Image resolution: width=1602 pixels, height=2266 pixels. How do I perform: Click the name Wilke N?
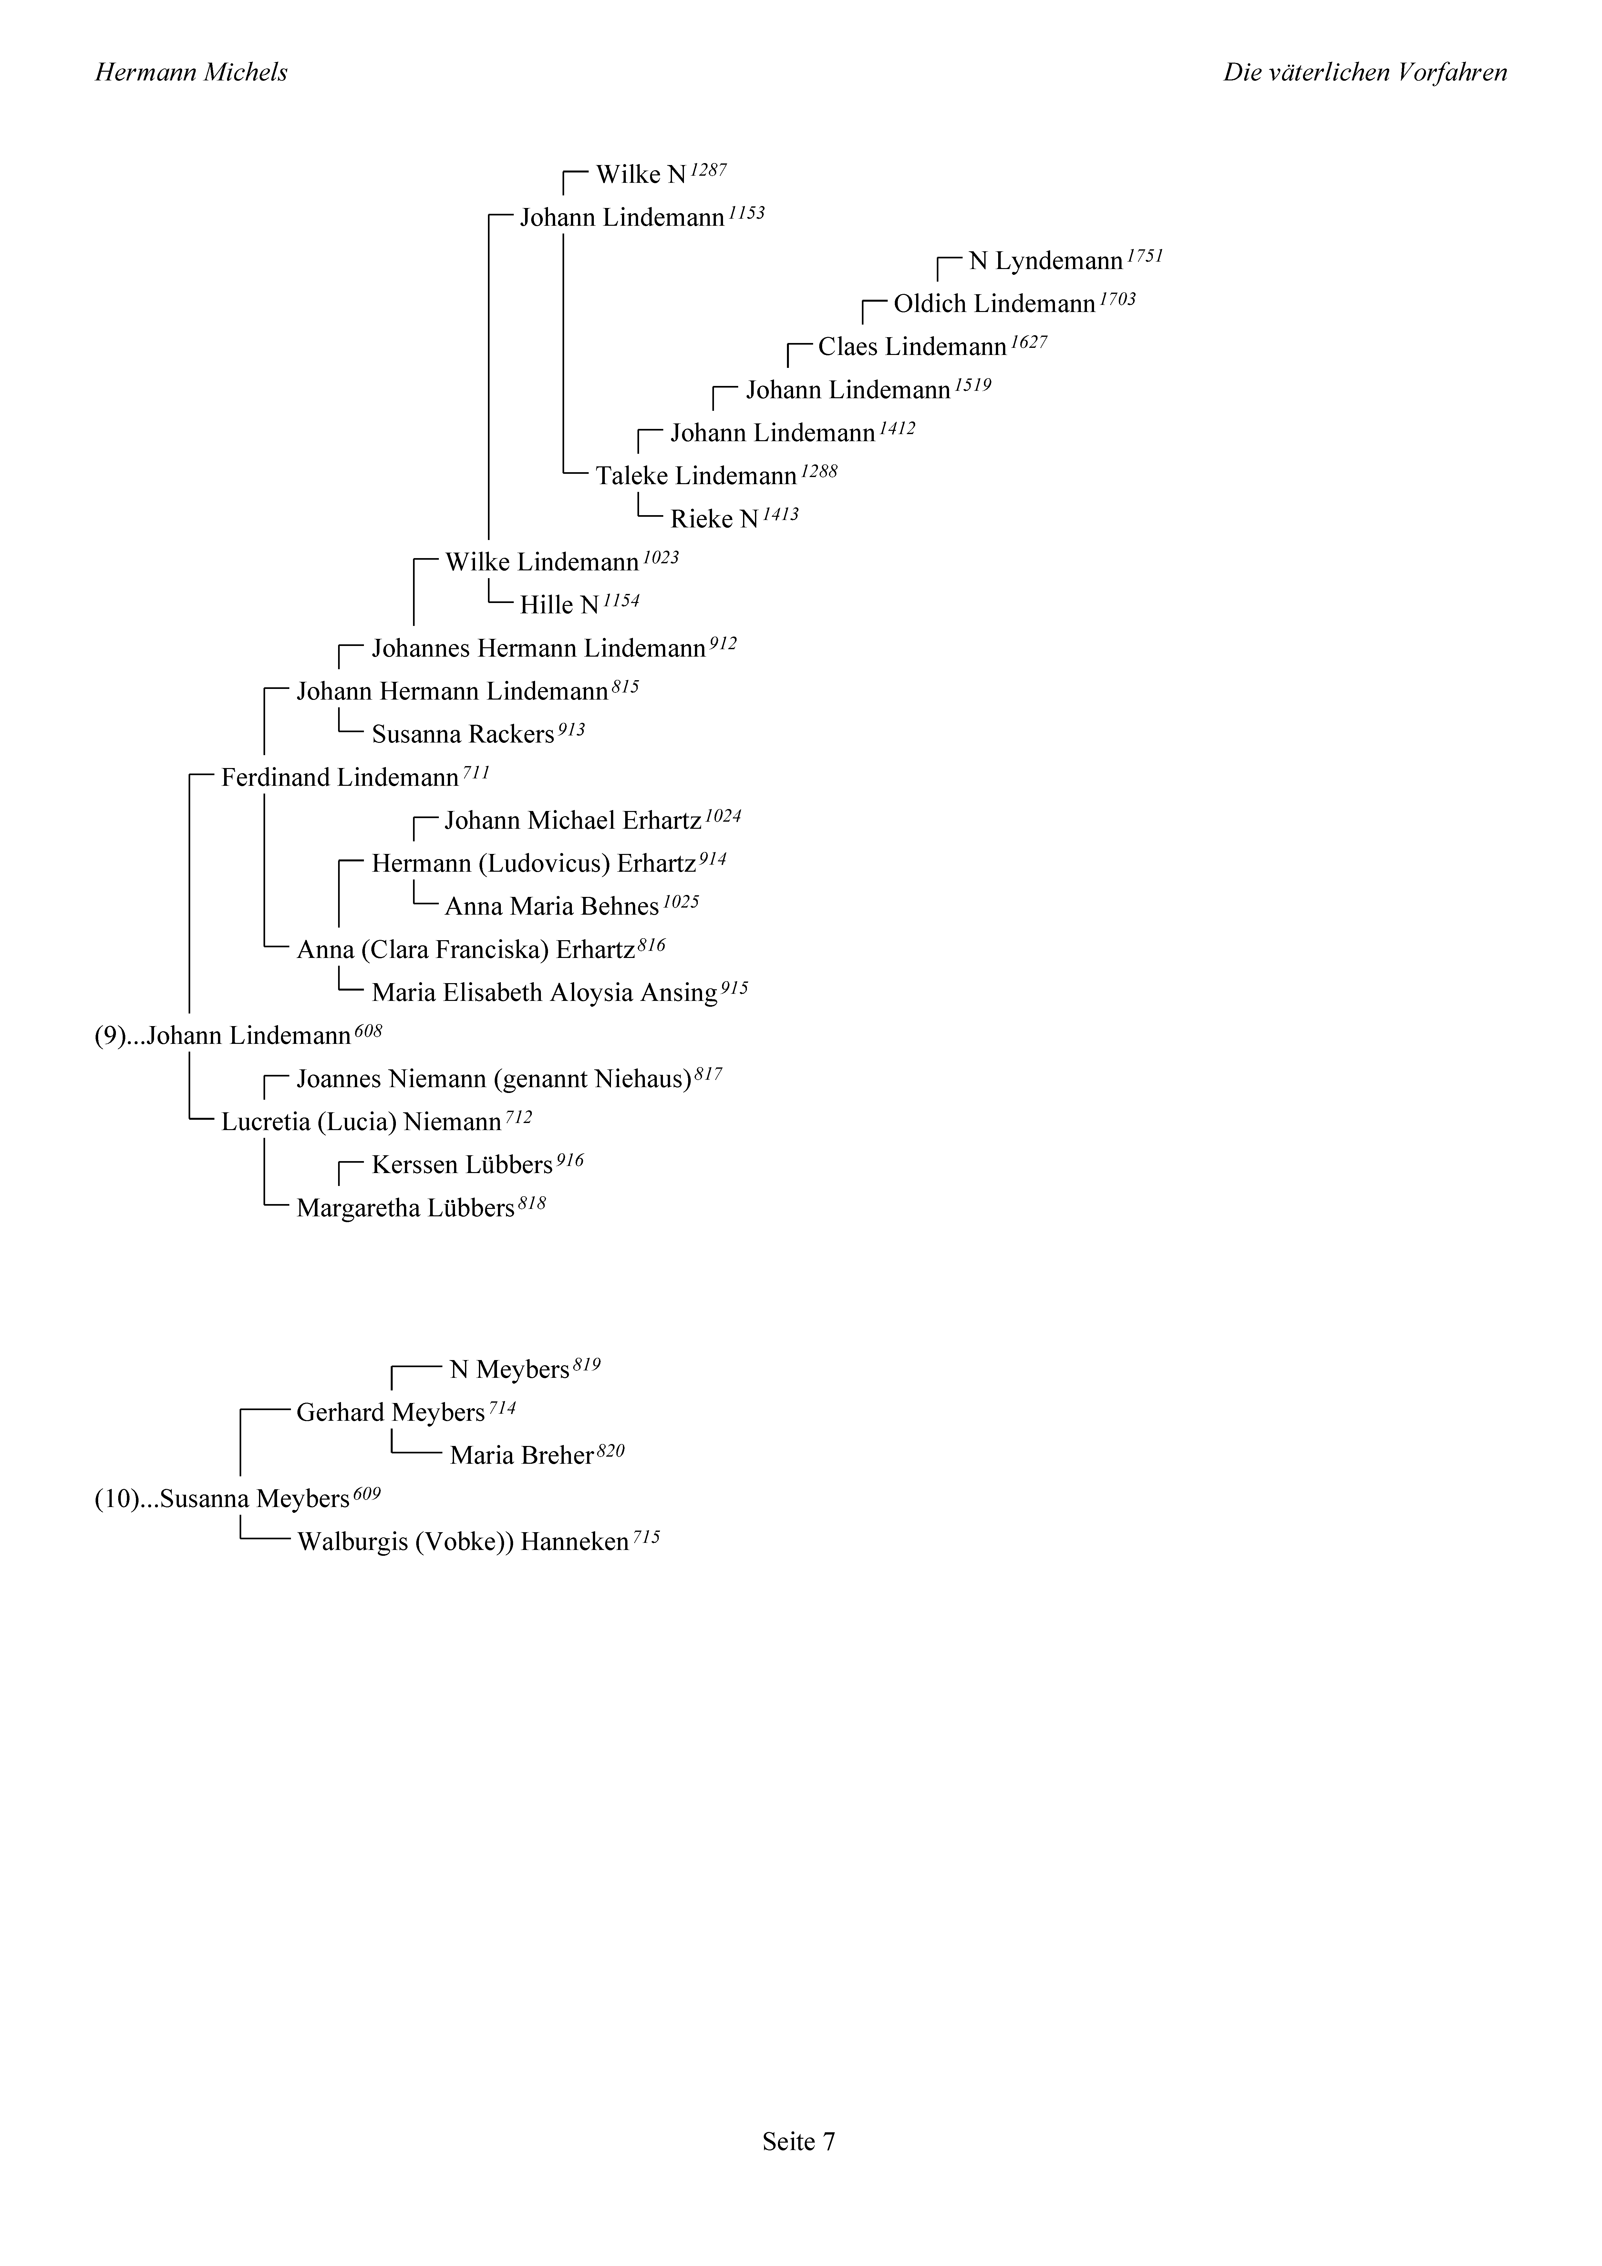pyautogui.click(x=641, y=175)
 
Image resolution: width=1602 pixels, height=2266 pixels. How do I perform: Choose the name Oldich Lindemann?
pyautogui.click(x=994, y=304)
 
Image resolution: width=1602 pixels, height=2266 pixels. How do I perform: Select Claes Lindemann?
pyautogui.click(x=912, y=348)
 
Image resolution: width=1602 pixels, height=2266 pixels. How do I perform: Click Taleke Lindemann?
pyautogui.click(x=696, y=477)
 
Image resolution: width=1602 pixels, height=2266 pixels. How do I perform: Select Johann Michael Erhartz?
pyautogui.click(x=573, y=821)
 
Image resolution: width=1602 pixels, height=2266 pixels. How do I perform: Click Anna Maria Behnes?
pyautogui.click(x=552, y=907)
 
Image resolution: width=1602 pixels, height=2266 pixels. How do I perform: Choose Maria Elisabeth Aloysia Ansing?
pyautogui.click(x=544, y=993)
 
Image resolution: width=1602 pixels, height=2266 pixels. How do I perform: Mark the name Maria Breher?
pyautogui.click(x=521, y=1456)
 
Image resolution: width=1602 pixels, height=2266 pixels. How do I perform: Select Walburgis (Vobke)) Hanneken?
pyautogui.click(x=463, y=1543)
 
